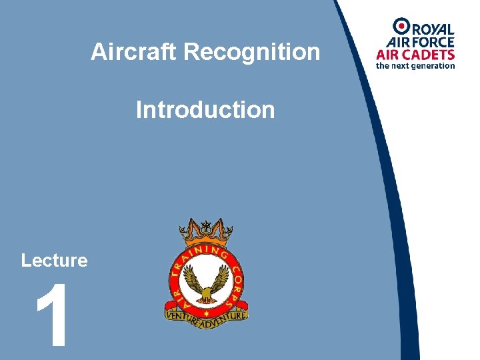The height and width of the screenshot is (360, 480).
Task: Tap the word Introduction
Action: click(205, 109)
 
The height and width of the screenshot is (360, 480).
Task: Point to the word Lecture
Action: click(54, 260)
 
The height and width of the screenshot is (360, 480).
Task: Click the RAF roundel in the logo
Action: click(401, 26)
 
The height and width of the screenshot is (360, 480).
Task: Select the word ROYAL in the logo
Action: click(433, 29)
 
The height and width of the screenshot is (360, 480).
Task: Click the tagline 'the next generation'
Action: click(415, 65)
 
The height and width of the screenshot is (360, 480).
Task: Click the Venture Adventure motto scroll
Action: click(206, 314)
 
